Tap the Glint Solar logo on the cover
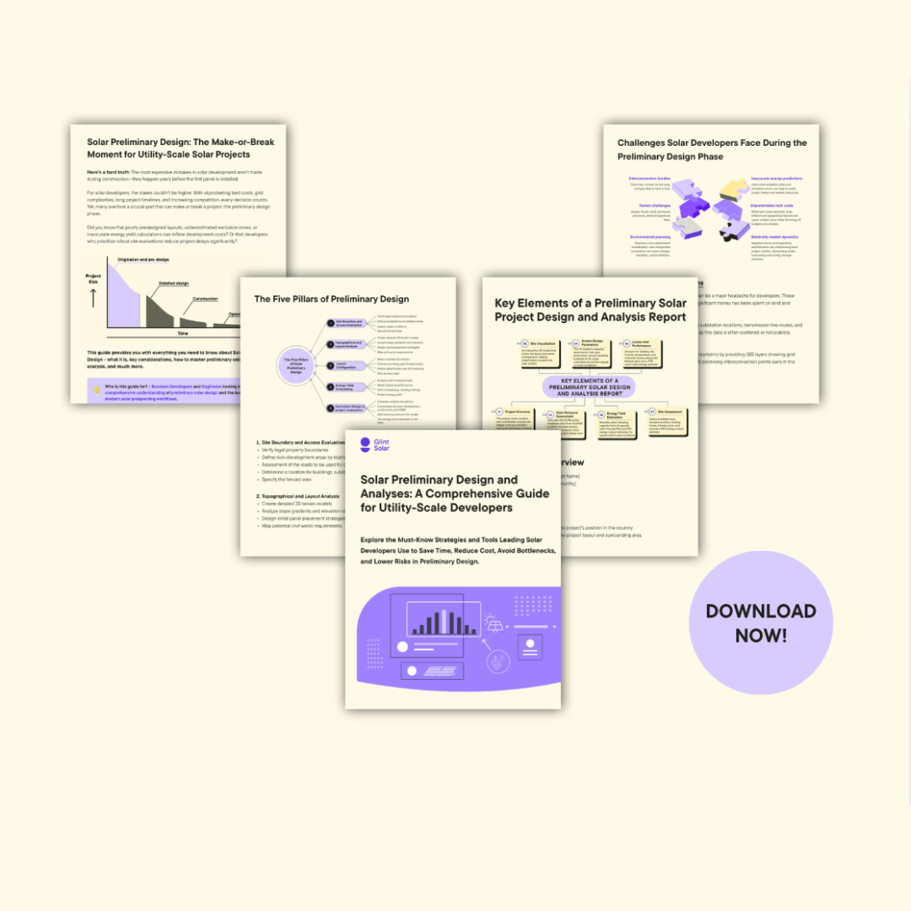(x=375, y=445)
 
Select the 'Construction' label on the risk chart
(x=205, y=299)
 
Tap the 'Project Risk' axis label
(x=94, y=279)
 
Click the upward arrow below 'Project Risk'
(x=93, y=298)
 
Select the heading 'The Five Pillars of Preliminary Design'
(x=332, y=299)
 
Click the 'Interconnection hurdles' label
(x=650, y=179)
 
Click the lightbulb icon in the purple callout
(x=98, y=390)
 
